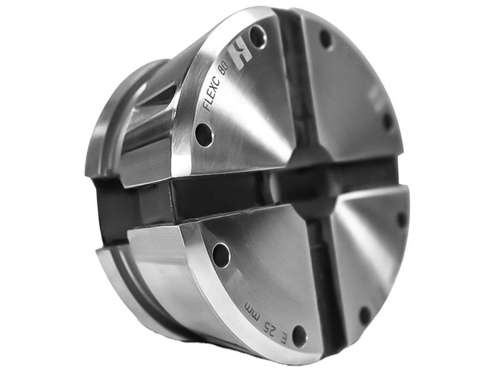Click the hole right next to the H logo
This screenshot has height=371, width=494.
(258, 37)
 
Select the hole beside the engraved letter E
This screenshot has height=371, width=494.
(299, 336)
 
